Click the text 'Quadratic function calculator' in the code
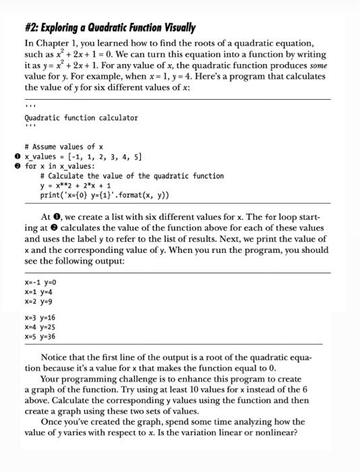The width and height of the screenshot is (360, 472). pyautogui.click(x=81, y=117)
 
